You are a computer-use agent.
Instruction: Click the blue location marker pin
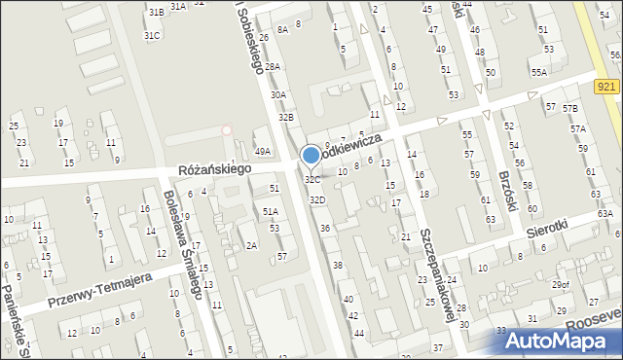tap(311, 155)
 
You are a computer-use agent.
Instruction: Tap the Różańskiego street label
tap(214, 169)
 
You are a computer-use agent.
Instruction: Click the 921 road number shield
tap(605, 88)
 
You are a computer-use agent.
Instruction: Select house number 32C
tap(311, 180)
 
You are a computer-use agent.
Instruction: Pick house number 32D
tap(317, 199)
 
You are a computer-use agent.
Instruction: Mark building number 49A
tap(262, 151)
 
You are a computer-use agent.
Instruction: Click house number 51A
tap(271, 210)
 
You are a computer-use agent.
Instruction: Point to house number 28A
tap(274, 66)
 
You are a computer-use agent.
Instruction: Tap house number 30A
tap(278, 94)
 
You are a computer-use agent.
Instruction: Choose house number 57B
tap(569, 107)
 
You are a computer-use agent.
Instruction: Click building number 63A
tap(605, 214)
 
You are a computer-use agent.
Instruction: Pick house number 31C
tap(152, 36)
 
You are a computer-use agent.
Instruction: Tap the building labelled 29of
tap(561, 284)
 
